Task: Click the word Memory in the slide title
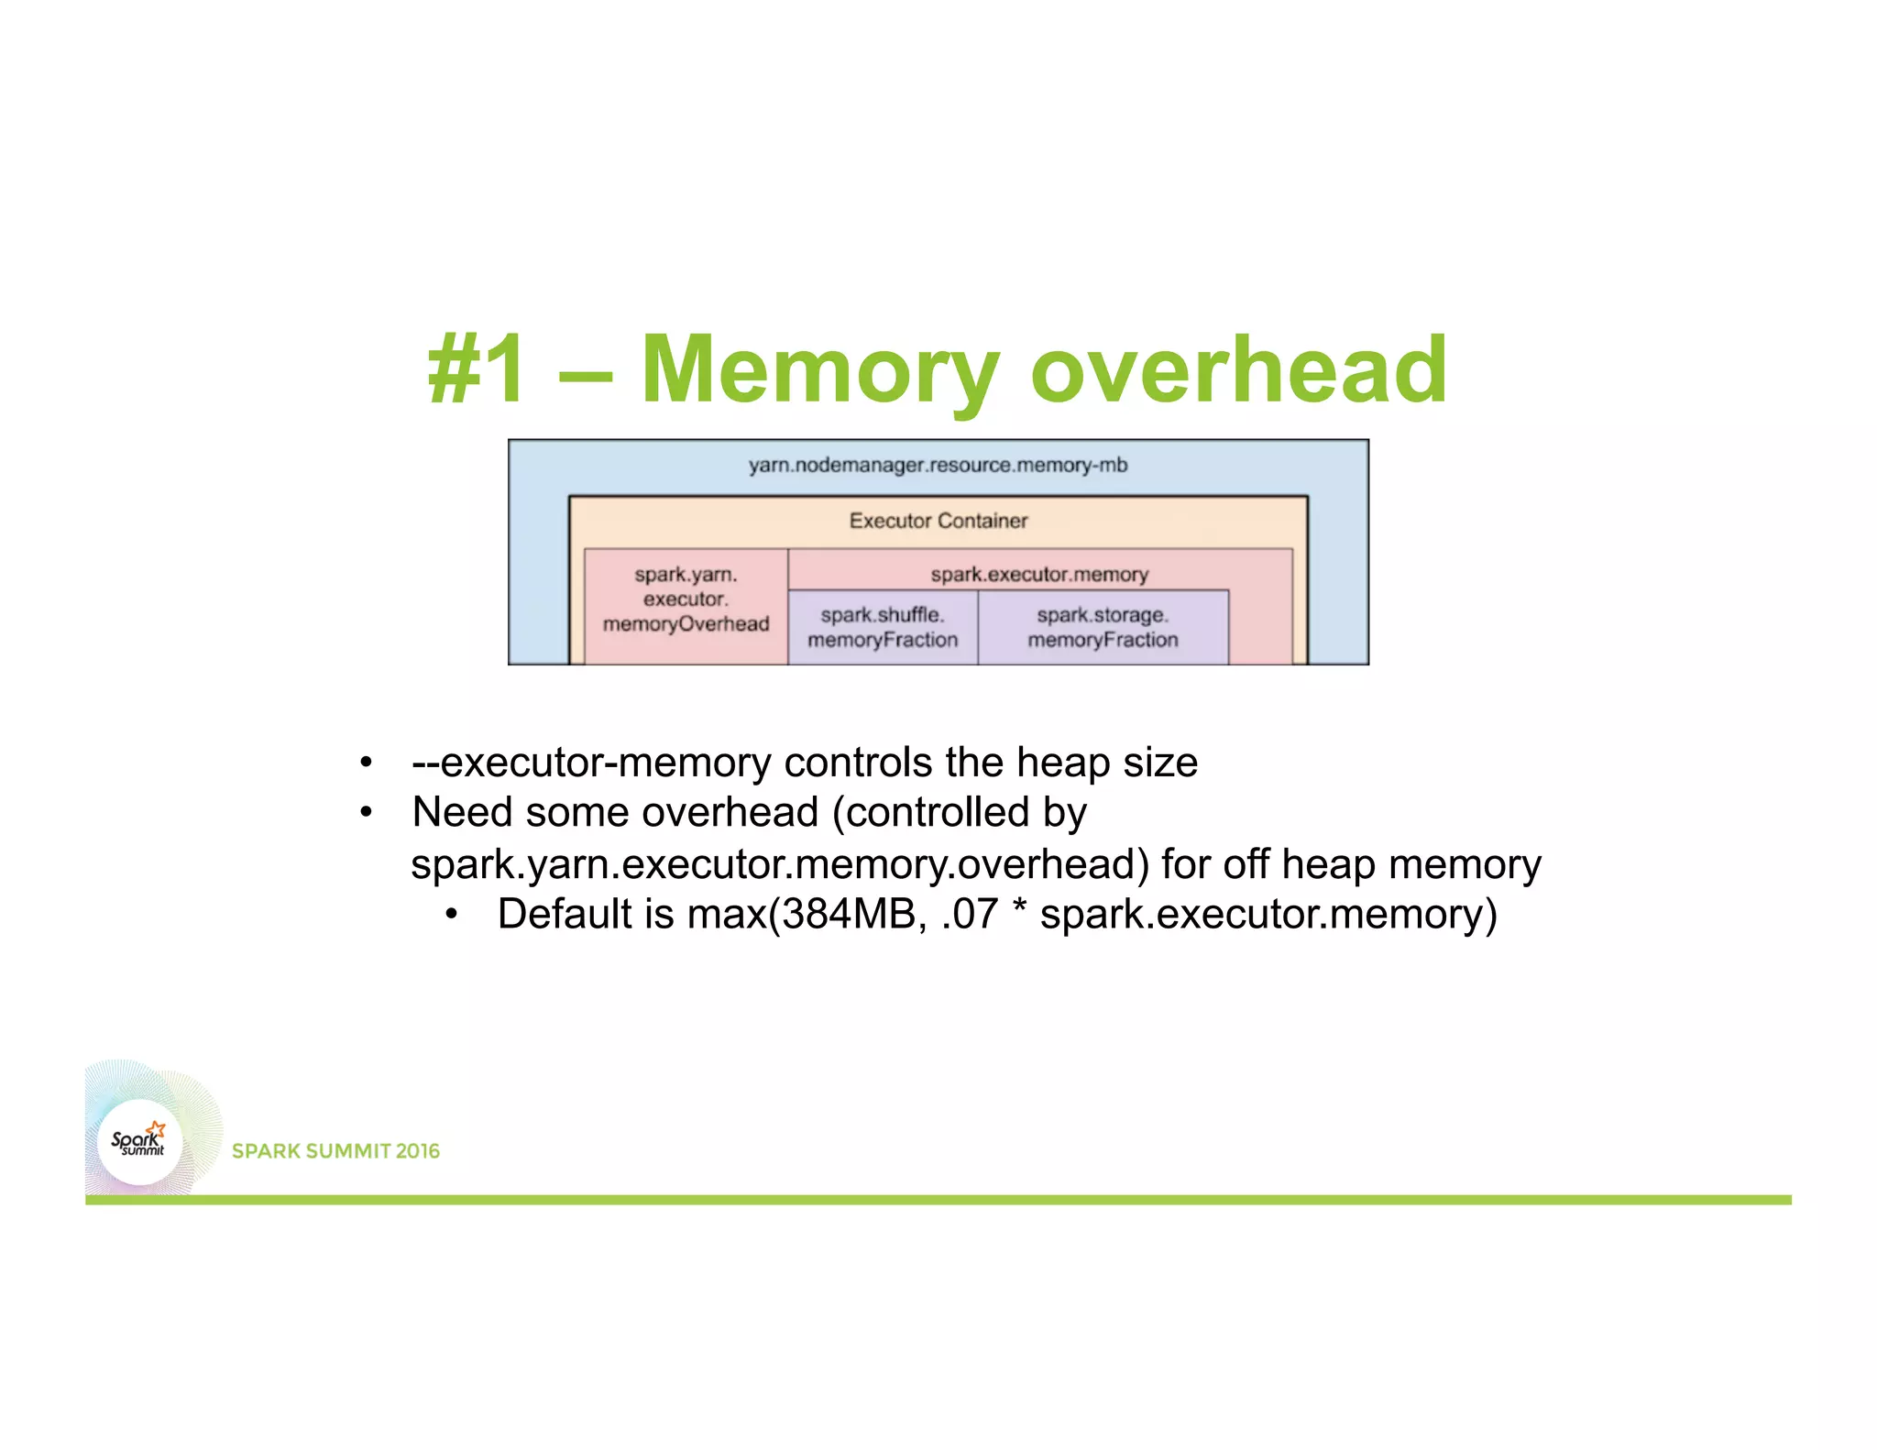(x=819, y=370)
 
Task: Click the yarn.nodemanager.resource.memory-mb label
(x=938, y=466)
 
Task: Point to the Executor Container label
(x=938, y=521)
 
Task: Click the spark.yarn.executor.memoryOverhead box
(x=686, y=600)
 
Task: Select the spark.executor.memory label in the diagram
(x=1039, y=575)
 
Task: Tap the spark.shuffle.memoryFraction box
(x=883, y=628)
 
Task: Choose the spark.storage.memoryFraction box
(x=1103, y=628)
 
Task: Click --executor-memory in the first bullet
(x=592, y=763)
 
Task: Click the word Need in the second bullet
(x=462, y=813)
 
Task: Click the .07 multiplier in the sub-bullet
(x=970, y=915)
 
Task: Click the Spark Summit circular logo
(x=139, y=1142)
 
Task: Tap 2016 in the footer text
(x=418, y=1151)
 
